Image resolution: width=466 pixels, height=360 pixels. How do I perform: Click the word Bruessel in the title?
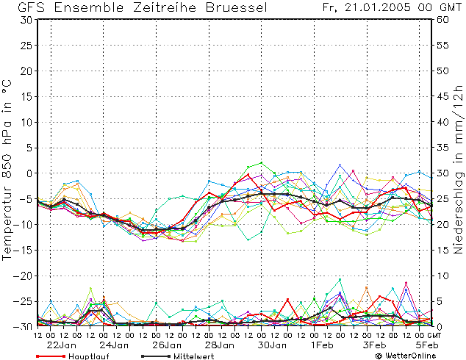236,7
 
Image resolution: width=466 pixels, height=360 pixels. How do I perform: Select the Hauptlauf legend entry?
72,356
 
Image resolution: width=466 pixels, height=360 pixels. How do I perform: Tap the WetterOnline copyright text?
406,356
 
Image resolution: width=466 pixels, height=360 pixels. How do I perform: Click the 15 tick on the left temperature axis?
27,97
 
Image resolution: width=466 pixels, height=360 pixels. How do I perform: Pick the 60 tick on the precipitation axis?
442,20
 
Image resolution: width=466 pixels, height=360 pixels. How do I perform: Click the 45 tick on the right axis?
442,97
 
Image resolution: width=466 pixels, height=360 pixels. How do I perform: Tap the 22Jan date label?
62,345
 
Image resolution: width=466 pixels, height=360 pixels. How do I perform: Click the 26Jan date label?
167,345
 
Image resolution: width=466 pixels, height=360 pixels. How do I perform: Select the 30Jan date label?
272,345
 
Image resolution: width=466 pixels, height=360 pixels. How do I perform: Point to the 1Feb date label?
322,345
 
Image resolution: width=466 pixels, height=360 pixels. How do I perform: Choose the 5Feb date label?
427,345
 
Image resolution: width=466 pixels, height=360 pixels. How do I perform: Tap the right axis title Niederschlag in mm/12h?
458,169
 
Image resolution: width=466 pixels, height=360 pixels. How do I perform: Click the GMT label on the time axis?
434,335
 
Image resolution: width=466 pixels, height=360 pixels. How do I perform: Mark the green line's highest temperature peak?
262,163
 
